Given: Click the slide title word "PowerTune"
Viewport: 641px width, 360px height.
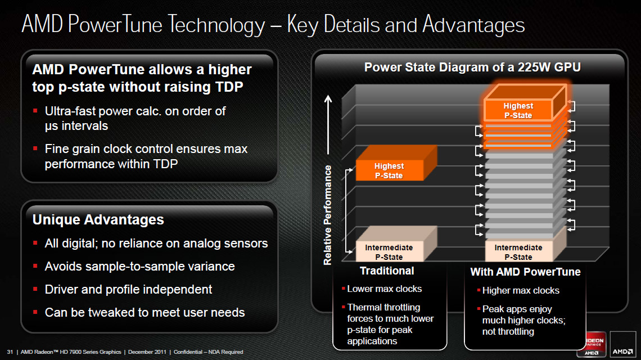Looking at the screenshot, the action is (115, 24).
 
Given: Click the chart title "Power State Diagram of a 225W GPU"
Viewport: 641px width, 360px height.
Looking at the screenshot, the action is (472, 67).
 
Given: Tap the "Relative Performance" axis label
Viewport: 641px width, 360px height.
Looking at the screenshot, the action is (327, 215).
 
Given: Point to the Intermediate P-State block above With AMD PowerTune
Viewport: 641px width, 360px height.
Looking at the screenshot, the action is (525, 245).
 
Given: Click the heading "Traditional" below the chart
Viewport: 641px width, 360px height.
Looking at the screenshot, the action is (387, 271).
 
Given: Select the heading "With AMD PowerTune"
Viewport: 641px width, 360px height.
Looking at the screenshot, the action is (525, 272).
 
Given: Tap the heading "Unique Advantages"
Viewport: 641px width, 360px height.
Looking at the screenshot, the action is (98, 220).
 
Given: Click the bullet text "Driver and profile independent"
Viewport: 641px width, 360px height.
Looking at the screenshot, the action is (128, 290).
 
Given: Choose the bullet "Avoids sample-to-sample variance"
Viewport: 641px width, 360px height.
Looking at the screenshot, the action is (140, 266).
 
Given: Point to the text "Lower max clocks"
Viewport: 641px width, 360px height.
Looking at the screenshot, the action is (384, 289).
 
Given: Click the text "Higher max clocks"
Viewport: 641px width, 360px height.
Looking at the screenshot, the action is (521, 290).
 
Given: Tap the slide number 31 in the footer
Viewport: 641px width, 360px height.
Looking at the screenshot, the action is (10, 352).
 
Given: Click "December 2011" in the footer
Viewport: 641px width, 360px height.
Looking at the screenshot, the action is (147, 352).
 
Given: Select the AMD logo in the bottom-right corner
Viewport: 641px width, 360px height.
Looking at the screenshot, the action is (622, 344).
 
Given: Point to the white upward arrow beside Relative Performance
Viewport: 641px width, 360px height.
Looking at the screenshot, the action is (328, 124).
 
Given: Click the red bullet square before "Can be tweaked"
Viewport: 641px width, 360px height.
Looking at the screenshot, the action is (35, 312).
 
